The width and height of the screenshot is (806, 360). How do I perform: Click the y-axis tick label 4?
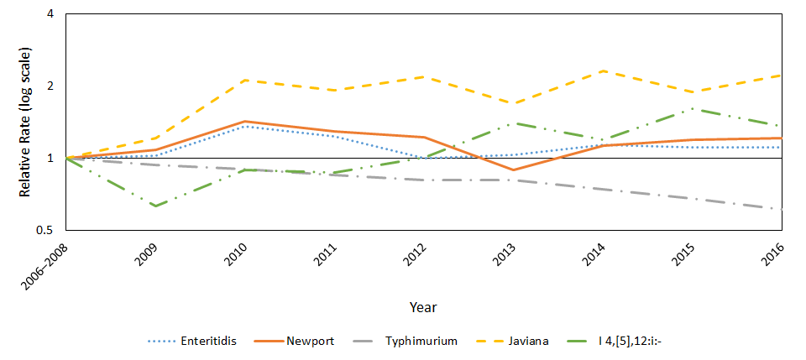coord(50,14)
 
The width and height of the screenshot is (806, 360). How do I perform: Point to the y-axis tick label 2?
coord(50,86)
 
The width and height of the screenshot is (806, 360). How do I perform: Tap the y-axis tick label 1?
coord(50,158)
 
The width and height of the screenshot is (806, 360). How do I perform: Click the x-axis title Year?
coord(422,307)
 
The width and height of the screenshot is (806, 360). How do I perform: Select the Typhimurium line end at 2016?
coord(782,209)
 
